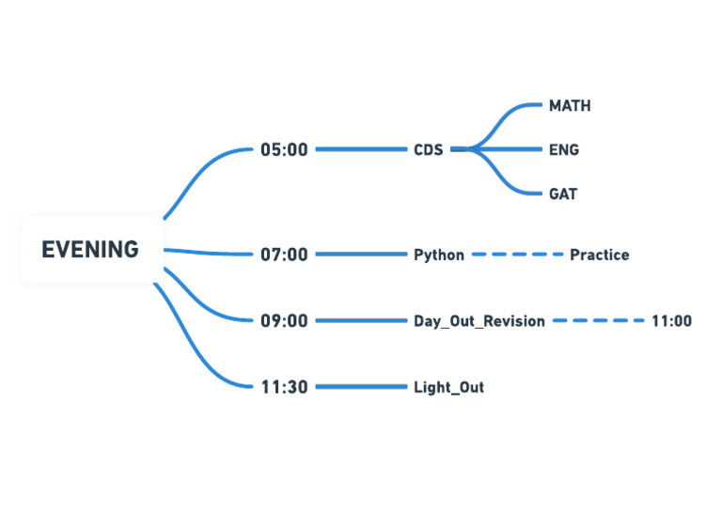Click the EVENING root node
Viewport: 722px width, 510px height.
90,250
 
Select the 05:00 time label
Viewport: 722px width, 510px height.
284,149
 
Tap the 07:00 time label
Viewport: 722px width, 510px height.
284,255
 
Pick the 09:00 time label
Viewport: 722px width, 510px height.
284,321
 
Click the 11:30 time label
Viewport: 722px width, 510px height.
284,387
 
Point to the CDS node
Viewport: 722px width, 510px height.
428,149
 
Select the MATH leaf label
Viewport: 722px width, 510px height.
570,106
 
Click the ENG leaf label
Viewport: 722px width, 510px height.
564,149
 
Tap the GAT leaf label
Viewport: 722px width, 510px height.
563,194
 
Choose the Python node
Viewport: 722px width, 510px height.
439,255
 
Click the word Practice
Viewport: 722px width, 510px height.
599,255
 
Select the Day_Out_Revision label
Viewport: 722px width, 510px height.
479,321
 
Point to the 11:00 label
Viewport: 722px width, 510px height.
671,321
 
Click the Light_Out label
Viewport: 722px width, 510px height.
448,387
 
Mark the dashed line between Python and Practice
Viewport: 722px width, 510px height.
517,255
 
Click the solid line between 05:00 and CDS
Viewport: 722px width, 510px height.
361,149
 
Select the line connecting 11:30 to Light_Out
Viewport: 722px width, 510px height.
361,387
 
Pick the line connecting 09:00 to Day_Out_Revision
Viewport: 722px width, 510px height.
361,321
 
